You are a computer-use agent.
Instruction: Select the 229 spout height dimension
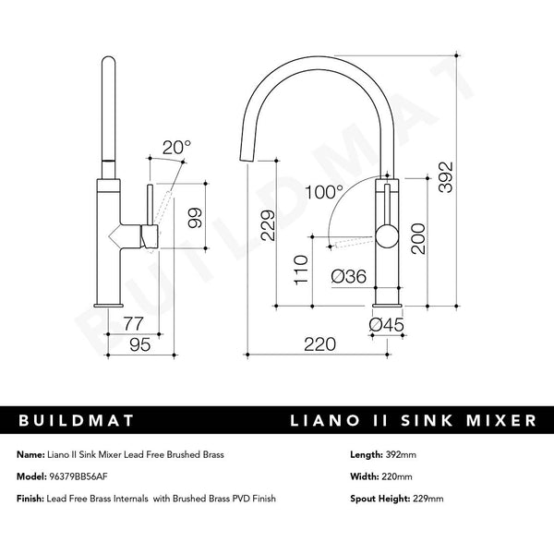268,225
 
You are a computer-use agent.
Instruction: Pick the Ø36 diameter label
348,277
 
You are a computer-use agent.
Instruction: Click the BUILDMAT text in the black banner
78,420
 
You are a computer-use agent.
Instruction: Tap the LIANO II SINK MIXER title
412,420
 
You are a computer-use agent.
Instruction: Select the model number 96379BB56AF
84,476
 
